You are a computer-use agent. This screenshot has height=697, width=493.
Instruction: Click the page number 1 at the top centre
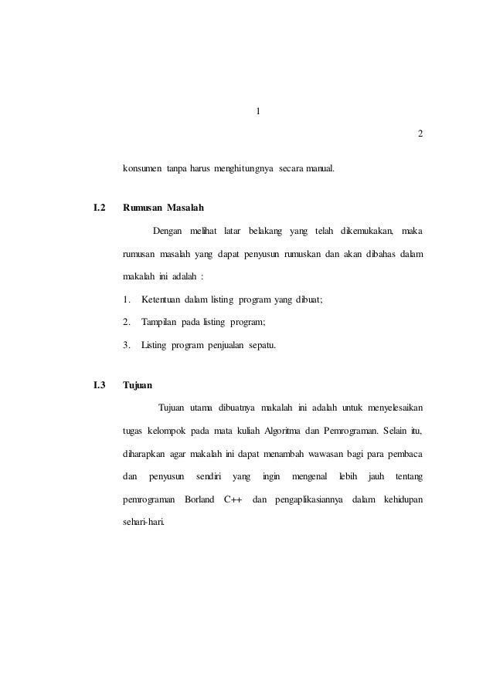tap(257, 111)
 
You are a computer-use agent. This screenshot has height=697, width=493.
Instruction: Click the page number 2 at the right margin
tap(420, 134)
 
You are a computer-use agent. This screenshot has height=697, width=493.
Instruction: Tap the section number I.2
tap(100, 208)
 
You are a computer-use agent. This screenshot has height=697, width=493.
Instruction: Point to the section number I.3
tap(100, 384)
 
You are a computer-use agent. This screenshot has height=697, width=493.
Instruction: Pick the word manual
tap(319, 167)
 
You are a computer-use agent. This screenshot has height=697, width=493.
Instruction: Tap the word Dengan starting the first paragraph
tap(170, 230)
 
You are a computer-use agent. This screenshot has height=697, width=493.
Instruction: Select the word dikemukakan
tap(366, 230)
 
